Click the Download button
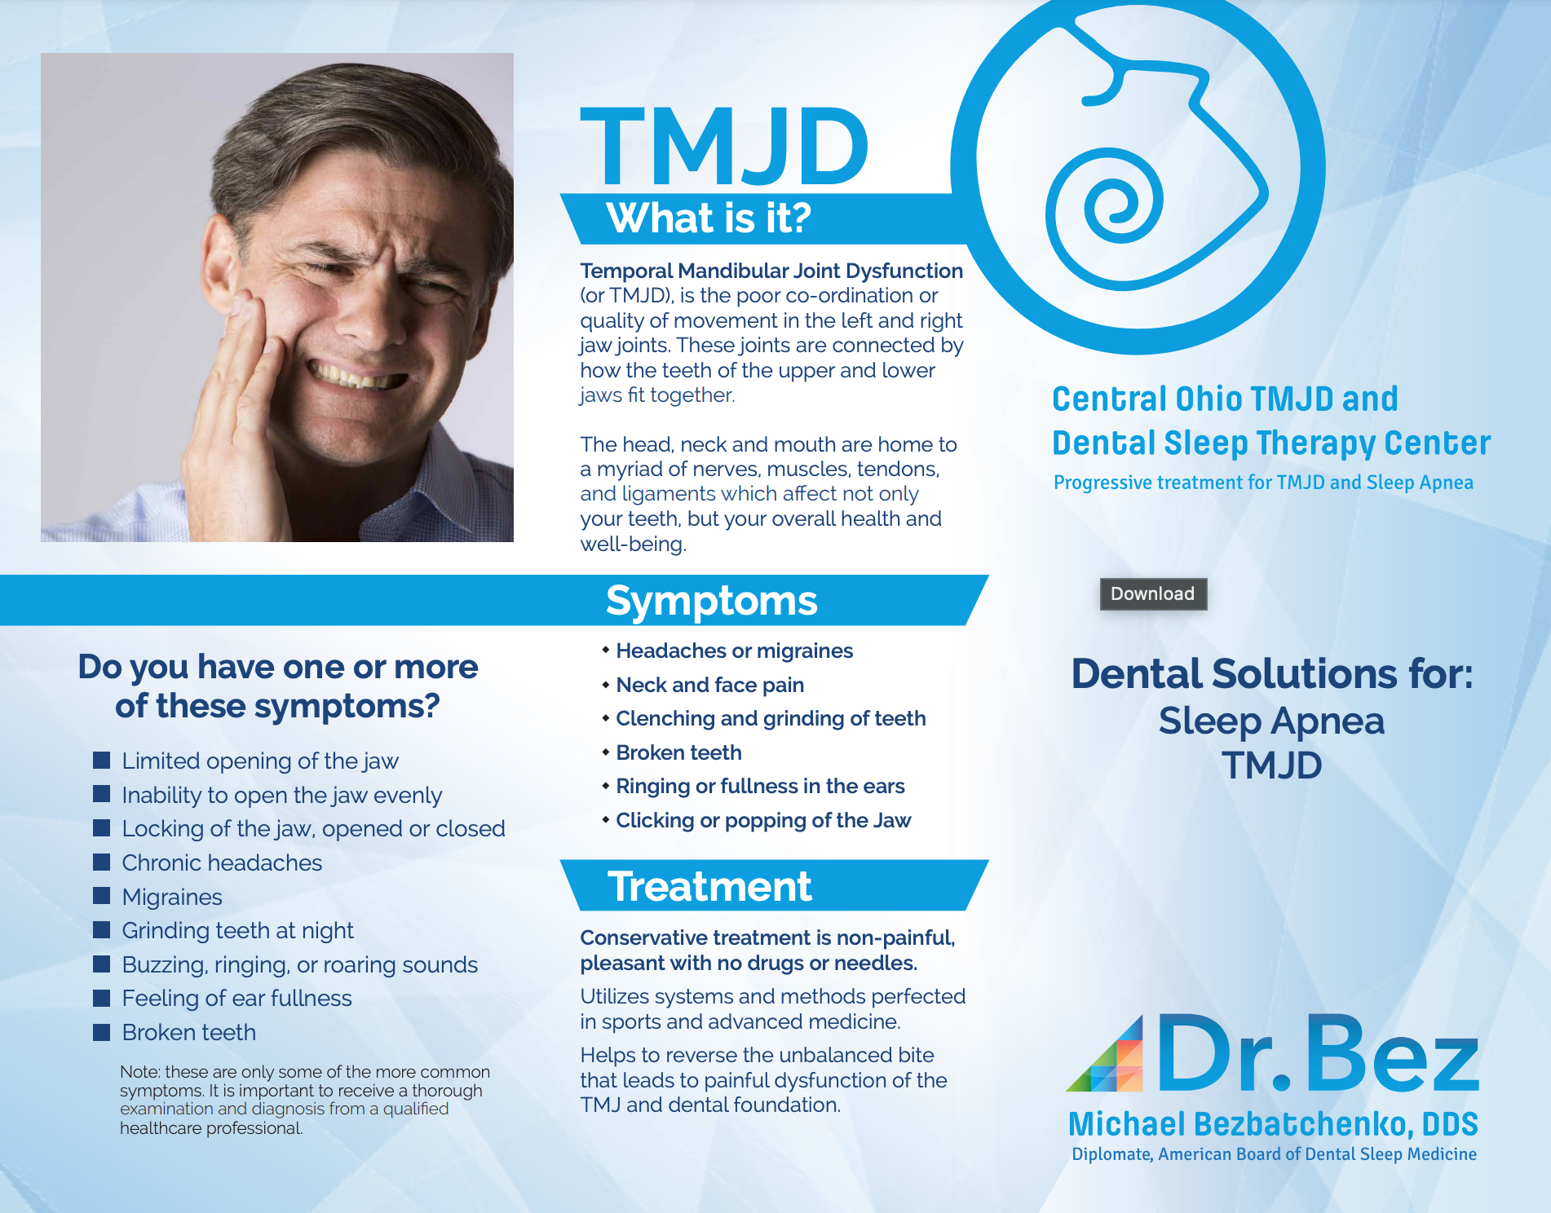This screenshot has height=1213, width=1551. (x=1153, y=593)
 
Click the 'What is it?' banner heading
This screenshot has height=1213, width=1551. (x=709, y=218)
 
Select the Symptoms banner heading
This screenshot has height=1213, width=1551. (x=711, y=601)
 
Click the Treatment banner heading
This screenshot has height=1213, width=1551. (x=709, y=886)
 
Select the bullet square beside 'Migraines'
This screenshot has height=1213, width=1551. (x=102, y=896)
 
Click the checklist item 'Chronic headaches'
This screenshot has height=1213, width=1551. (x=222, y=862)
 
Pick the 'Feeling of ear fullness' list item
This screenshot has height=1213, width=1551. (x=236, y=998)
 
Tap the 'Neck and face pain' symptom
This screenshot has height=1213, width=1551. (x=709, y=685)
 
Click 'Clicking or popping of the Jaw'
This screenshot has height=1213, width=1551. (x=763, y=820)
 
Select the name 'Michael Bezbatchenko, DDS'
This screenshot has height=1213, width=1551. (x=1273, y=1124)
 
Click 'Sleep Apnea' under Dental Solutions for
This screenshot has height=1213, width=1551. (x=1271, y=721)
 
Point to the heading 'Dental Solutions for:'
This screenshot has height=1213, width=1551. (x=1272, y=673)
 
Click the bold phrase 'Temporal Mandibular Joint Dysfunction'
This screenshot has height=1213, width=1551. (x=771, y=271)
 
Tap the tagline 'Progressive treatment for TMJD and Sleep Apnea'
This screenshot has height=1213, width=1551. (x=1263, y=483)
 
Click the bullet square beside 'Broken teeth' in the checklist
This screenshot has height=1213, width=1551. (x=102, y=1032)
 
